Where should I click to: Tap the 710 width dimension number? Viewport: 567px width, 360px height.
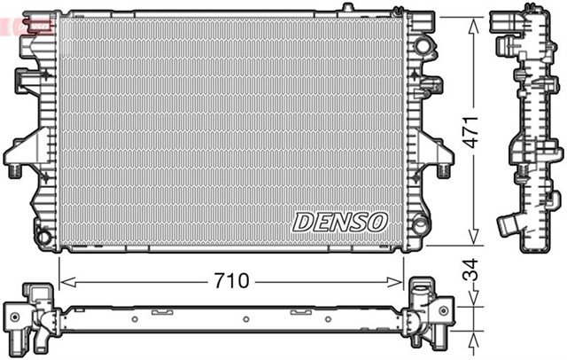click(x=229, y=281)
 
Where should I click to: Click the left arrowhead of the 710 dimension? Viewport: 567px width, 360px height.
click(x=64, y=281)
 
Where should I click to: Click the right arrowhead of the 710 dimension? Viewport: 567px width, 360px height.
click(x=400, y=281)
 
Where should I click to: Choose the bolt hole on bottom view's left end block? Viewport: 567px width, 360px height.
click(x=15, y=314)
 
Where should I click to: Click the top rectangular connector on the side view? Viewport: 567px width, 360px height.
click(x=509, y=20)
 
